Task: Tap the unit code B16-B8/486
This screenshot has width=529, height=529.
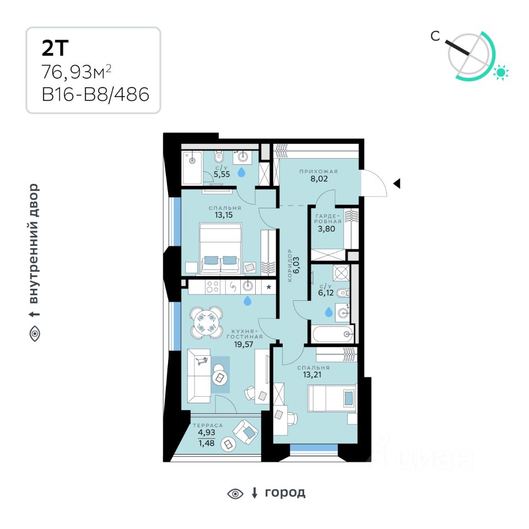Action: (95, 94)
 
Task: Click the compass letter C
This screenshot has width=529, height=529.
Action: (435, 37)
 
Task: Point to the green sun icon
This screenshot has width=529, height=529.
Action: (501, 72)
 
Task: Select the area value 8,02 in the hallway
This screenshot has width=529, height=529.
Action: (319, 179)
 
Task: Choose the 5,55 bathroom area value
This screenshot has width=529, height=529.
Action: (222, 174)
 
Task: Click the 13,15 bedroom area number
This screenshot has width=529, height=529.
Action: (225, 215)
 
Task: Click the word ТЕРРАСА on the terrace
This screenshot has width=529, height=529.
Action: (207, 425)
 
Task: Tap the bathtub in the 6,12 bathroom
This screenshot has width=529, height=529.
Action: (331, 333)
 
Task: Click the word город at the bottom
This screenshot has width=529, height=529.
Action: (285, 492)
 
